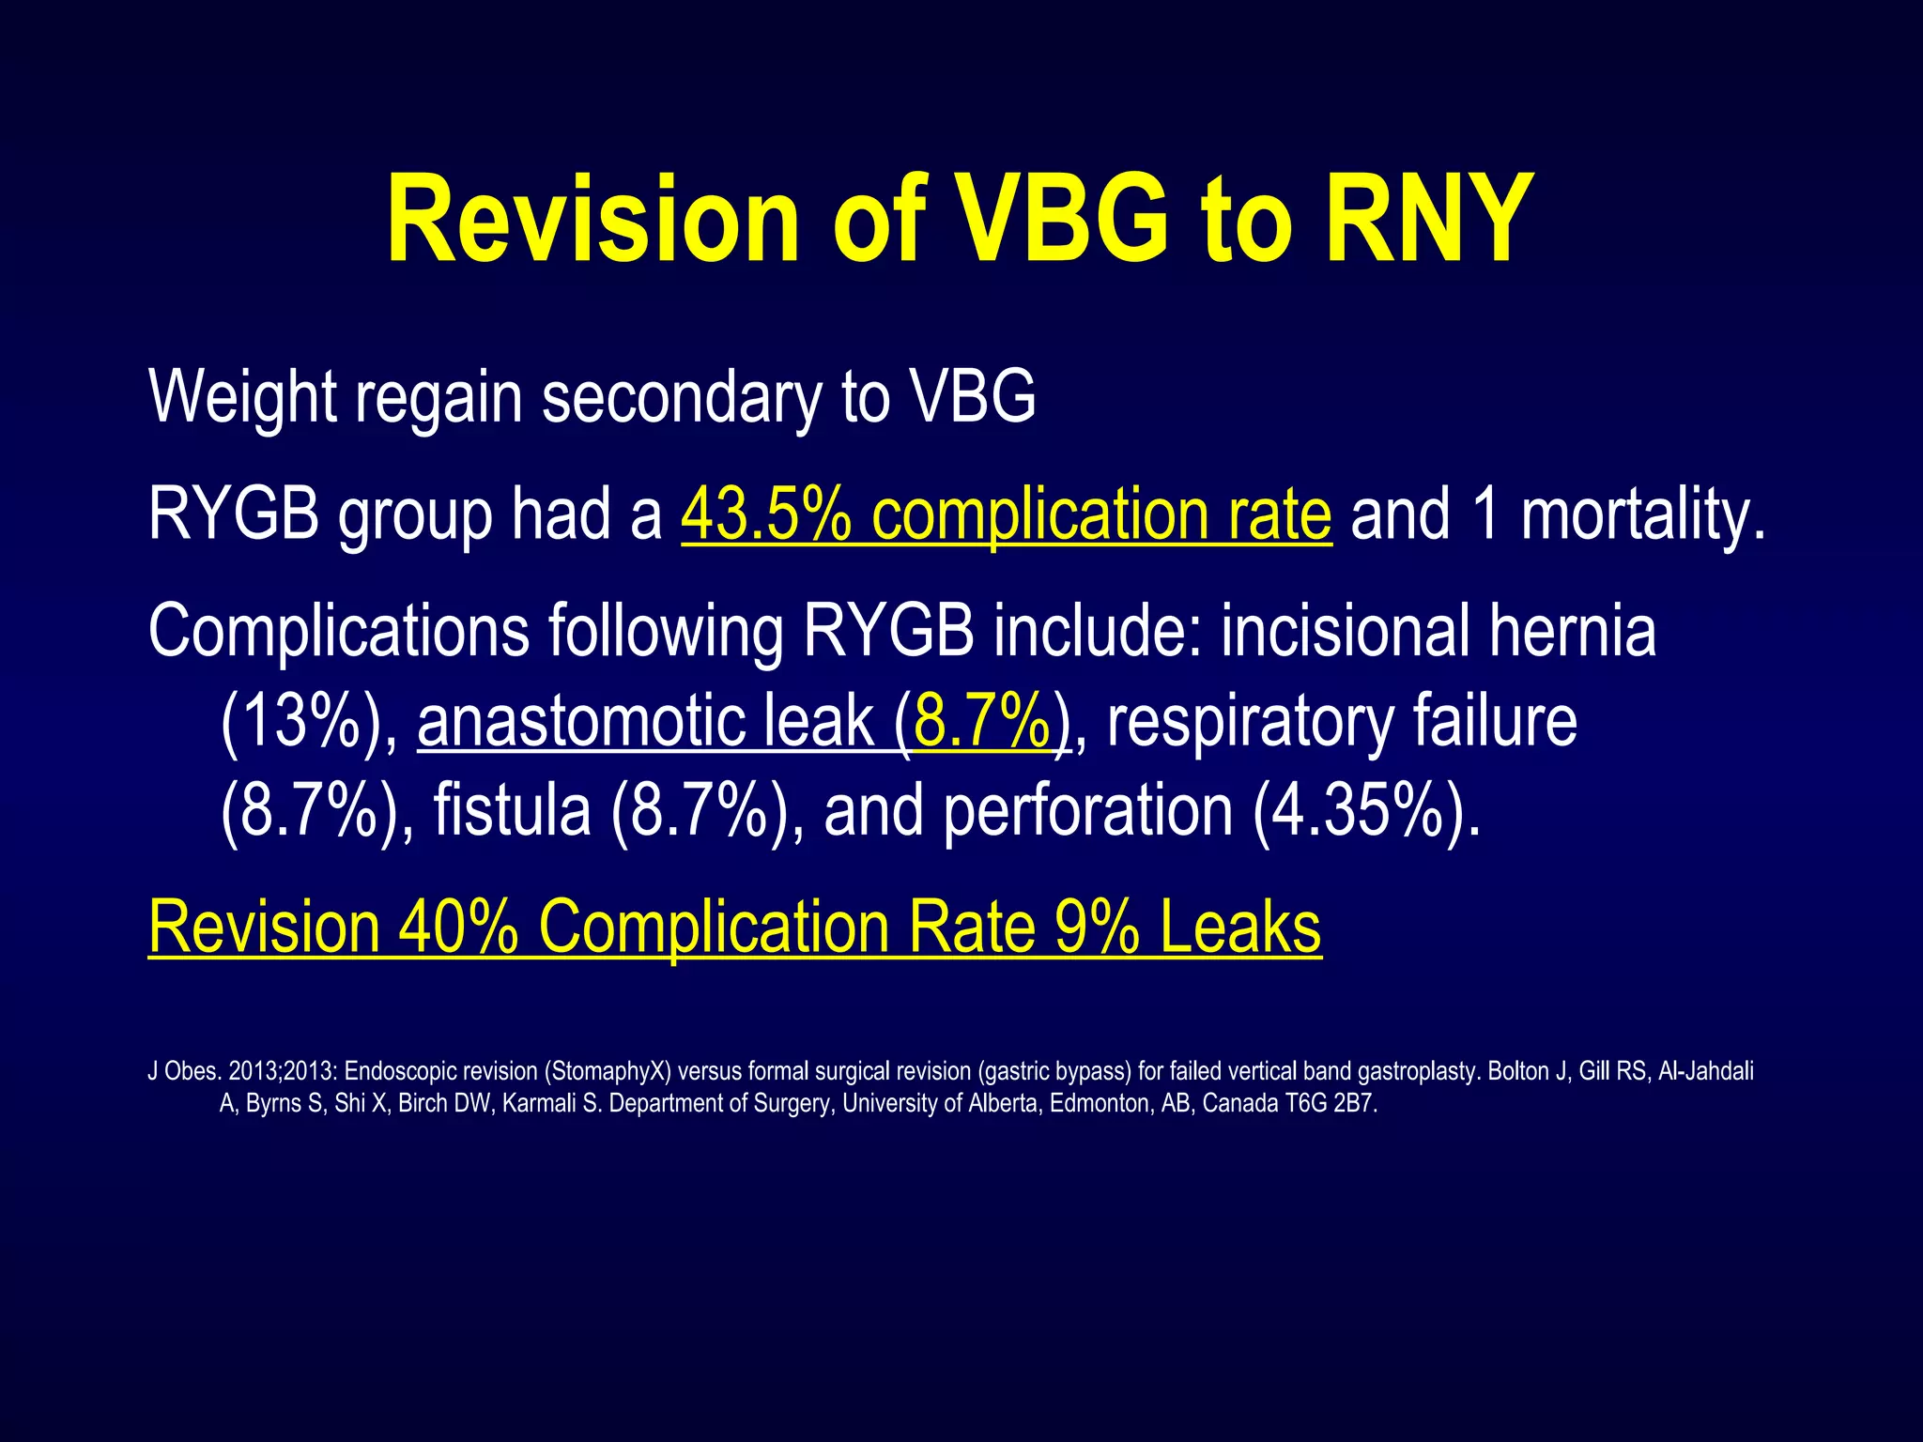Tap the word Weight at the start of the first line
point(241,398)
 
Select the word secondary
point(681,398)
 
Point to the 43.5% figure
point(766,514)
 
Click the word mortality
point(1642,514)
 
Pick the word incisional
point(1346,630)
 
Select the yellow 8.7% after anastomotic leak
point(982,721)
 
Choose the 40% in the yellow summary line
point(458,928)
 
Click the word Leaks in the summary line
point(1240,928)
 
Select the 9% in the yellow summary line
point(1097,928)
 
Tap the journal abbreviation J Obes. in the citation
point(184,1071)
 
